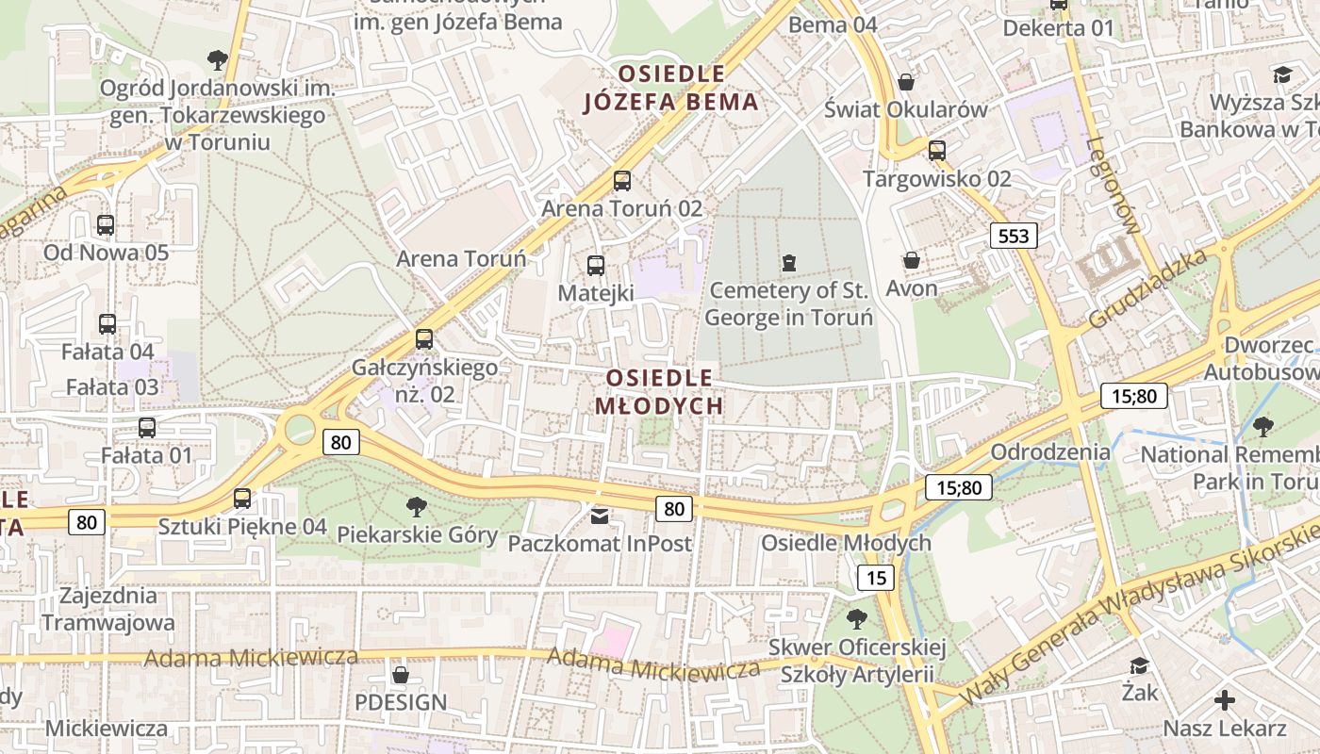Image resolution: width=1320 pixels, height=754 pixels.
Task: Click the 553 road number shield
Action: coord(1014,236)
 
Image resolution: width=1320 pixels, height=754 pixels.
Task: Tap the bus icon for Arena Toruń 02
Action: coord(622,181)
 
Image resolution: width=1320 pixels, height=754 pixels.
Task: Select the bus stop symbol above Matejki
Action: coord(595,266)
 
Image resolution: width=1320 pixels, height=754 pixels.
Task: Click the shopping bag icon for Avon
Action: coord(912,260)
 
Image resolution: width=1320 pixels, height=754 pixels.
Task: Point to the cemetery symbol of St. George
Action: coord(789,262)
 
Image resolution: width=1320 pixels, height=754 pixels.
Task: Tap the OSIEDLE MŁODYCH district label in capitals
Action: coord(660,392)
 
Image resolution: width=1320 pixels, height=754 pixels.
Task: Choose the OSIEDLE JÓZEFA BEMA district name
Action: coord(671,88)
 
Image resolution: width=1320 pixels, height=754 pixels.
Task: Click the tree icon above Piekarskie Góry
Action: coord(417,507)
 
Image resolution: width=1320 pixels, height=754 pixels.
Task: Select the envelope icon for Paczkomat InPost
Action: coord(600,516)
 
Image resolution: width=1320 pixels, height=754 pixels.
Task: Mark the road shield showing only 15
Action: coord(876,578)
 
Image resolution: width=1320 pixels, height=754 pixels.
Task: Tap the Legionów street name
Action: coord(1114,185)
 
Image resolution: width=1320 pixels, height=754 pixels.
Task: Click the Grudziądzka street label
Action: coord(1147,288)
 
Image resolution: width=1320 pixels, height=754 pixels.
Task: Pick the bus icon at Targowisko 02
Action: coord(937,151)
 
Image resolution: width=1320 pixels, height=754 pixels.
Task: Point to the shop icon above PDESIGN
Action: coord(401,675)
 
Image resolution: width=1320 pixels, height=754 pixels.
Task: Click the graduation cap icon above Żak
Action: coord(1140,665)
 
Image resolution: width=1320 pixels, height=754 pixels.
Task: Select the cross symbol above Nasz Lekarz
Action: coord(1224,700)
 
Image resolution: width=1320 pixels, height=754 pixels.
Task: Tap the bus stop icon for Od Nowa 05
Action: coord(106,225)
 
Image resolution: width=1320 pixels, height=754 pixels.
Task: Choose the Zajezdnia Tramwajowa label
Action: coord(107,609)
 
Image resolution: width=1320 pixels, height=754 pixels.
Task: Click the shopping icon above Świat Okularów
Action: coord(906,82)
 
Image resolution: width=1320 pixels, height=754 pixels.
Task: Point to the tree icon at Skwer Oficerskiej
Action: coord(856,619)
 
